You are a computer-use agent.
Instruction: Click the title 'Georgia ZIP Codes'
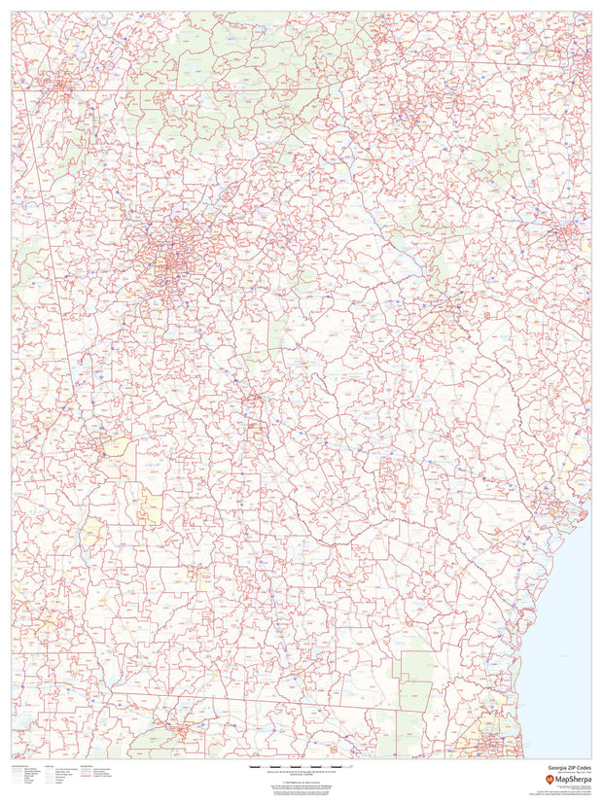tap(568, 766)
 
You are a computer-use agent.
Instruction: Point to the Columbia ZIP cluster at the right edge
tap(561, 233)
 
